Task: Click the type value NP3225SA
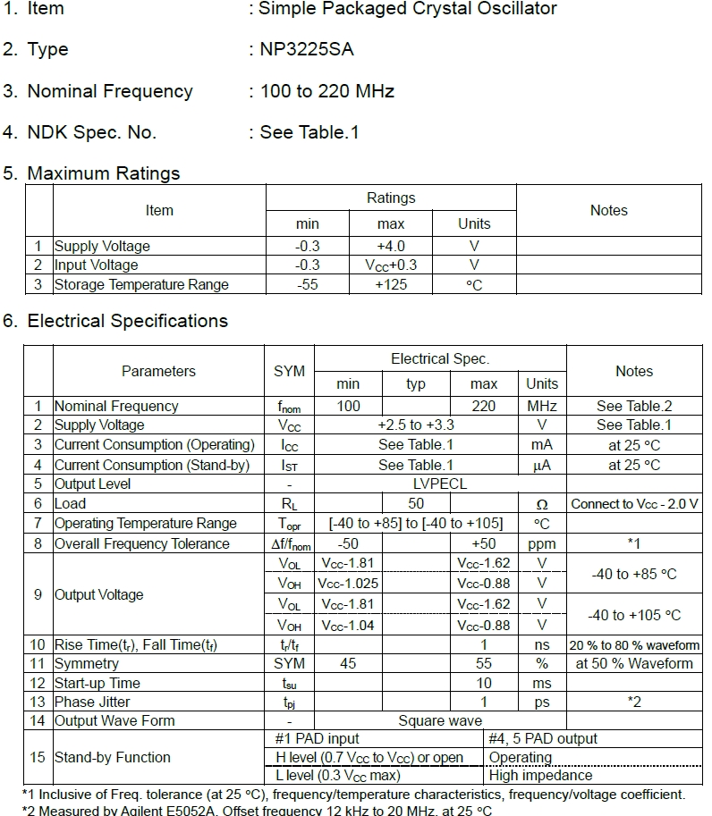[x=307, y=50]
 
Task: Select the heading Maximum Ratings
[x=104, y=173]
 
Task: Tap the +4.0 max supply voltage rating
[x=390, y=246]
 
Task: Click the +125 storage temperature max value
[x=390, y=284]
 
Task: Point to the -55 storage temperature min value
[x=307, y=284]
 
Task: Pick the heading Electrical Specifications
[x=127, y=321]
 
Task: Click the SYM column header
[x=289, y=371]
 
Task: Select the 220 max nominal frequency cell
[x=483, y=406]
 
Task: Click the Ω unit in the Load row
[x=541, y=504]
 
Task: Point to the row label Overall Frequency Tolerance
[x=142, y=543]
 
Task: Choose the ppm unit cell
[x=541, y=543]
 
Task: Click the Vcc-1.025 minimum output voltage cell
[x=348, y=583]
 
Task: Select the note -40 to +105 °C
[x=634, y=615]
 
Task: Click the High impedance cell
[x=540, y=775]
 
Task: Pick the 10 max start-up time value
[x=483, y=683]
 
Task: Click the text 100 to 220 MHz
[x=326, y=91]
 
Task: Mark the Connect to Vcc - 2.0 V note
[x=634, y=504]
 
